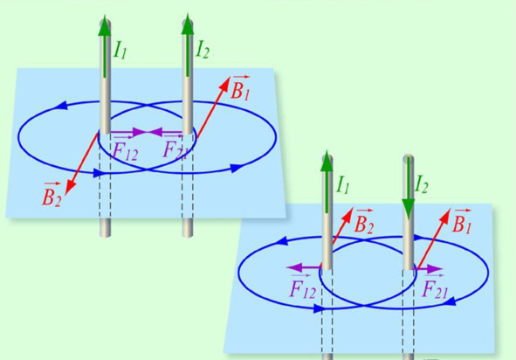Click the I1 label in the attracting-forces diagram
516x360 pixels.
coord(120,51)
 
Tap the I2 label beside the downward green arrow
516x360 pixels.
coord(422,184)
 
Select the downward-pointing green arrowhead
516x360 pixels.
coord(409,209)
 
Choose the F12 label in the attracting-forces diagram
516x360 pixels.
coord(125,150)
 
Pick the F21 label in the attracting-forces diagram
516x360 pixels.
coord(174,149)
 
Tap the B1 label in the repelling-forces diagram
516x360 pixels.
coord(462,222)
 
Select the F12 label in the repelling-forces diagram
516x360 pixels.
coord(303,287)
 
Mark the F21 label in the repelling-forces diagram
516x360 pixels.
coord(435,287)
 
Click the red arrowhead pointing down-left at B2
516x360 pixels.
coord(70,187)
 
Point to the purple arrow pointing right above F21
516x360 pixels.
coord(429,269)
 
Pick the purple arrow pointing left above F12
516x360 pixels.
coord(304,267)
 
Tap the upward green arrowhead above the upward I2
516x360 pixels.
coord(188,24)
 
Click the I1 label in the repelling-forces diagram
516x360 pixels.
coord(342,185)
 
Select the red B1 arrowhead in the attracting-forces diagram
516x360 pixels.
coord(224,85)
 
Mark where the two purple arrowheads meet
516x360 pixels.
coord(148,133)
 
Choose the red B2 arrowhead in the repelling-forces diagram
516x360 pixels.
coord(348,214)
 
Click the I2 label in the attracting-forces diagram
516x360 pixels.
coord(203,50)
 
